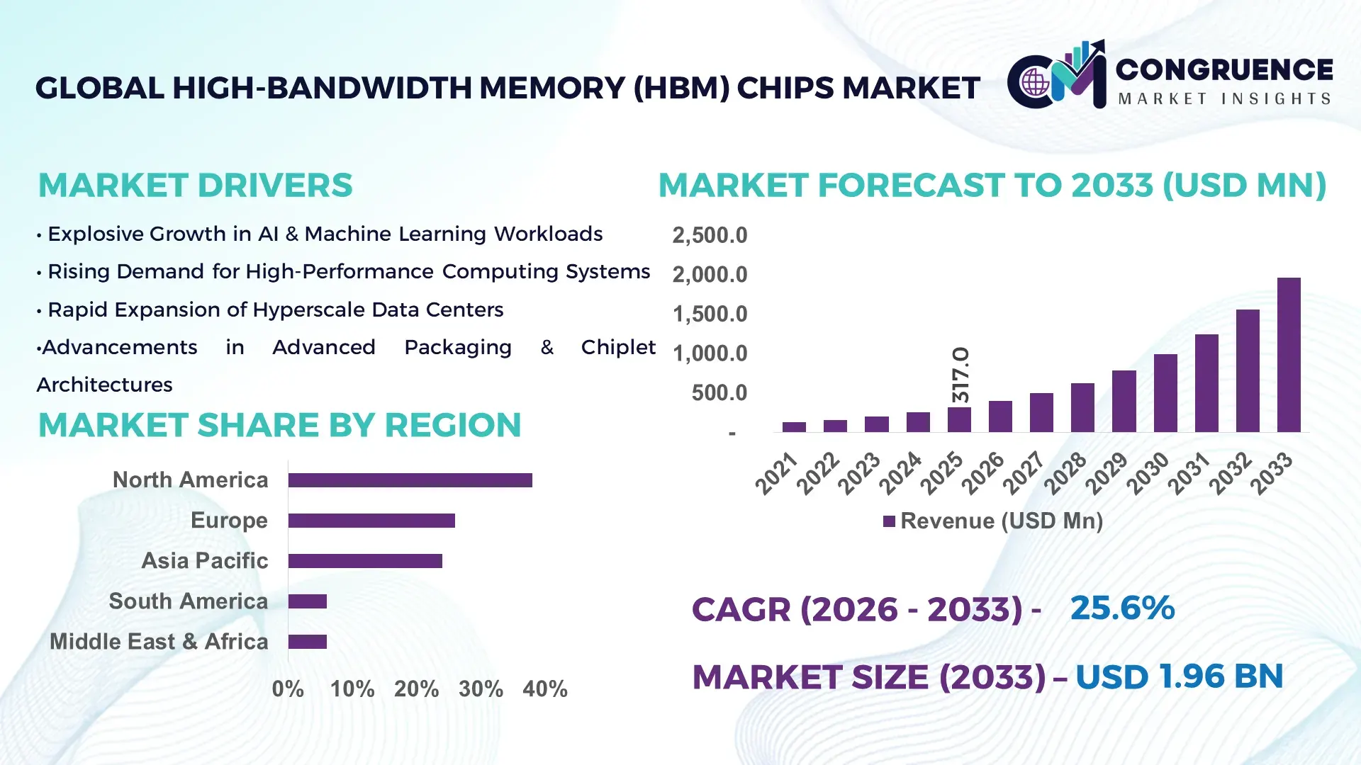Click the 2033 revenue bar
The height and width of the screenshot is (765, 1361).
click(x=1289, y=355)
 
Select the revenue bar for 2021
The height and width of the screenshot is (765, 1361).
click(x=794, y=426)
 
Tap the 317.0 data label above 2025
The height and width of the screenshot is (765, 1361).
click(x=960, y=375)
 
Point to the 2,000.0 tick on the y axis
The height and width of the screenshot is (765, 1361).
click(x=710, y=275)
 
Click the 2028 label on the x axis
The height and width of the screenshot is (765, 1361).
click(x=1065, y=472)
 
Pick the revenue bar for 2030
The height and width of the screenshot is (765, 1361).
click(x=1165, y=393)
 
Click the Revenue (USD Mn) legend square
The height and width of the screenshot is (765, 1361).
click(x=889, y=522)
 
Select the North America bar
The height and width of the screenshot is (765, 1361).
click(x=410, y=480)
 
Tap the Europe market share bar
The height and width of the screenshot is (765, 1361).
click(x=371, y=521)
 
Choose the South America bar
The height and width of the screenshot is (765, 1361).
click(x=308, y=601)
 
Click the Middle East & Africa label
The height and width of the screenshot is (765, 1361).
click(x=159, y=642)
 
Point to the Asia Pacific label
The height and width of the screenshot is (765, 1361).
click(x=205, y=561)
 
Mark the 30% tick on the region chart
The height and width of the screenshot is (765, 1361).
click(x=481, y=689)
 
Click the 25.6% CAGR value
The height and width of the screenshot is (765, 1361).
click(x=1122, y=608)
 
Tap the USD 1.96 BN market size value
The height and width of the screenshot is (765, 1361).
click(x=1179, y=676)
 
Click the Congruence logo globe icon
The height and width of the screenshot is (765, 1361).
click(x=1035, y=82)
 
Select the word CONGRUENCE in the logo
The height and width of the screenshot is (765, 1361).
click(x=1224, y=69)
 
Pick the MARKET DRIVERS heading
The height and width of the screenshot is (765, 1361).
click(x=195, y=186)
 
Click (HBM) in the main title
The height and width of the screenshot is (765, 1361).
click(x=680, y=89)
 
